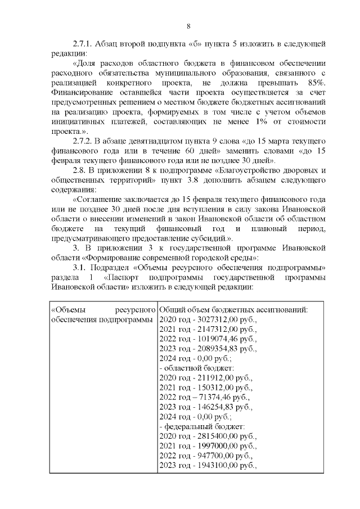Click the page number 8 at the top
(x=188, y=25)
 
